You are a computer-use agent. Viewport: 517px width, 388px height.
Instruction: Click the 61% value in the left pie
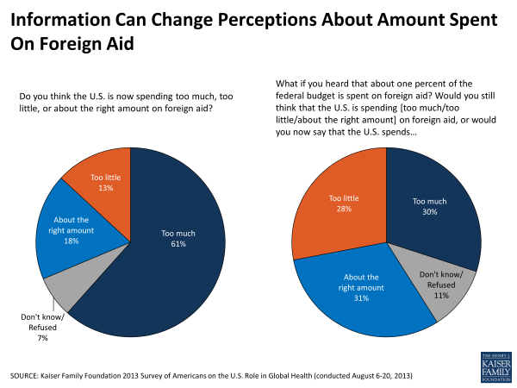(178, 244)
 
